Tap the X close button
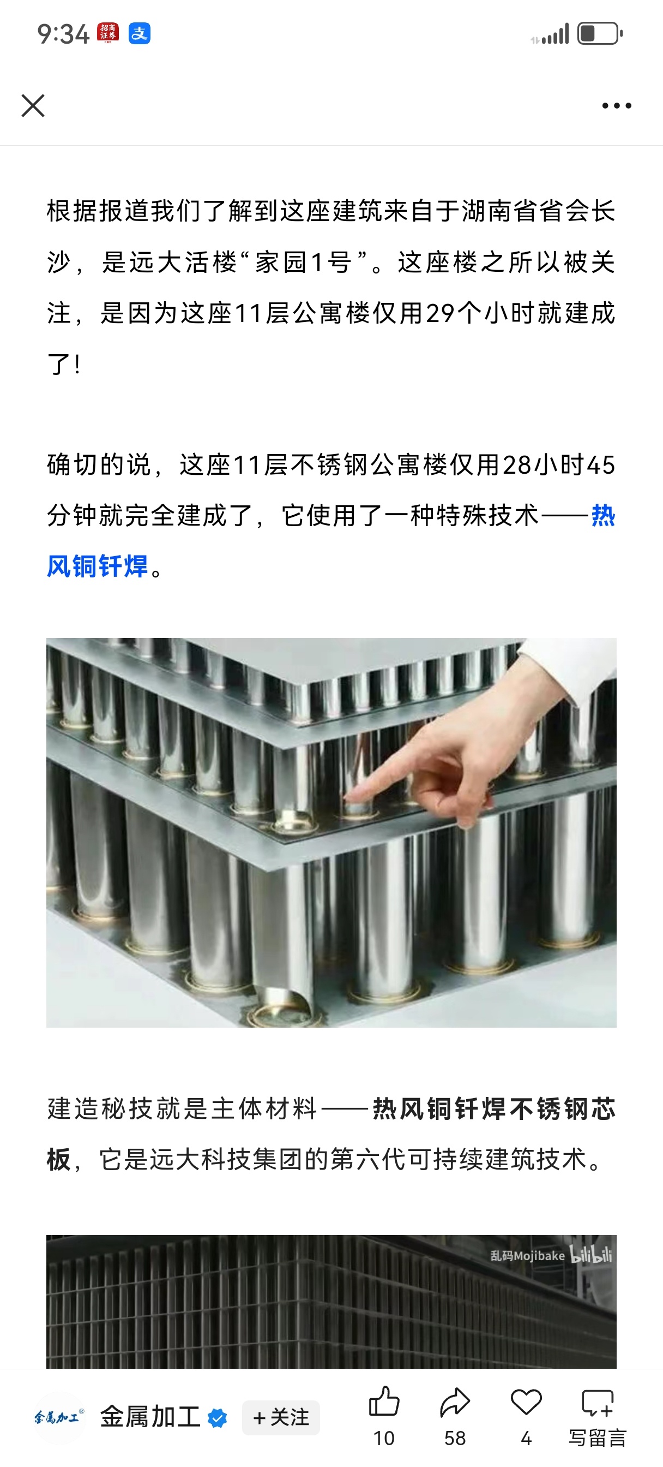(x=33, y=105)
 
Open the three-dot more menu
(x=617, y=105)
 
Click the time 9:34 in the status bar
(x=63, y=34)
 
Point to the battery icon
(x=600, y=34)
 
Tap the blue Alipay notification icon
(x=140, y=34)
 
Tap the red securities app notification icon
(x=108, y=33)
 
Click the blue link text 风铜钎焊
(x=97, y=566)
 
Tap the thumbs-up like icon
(x=384, y=1402)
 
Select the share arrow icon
(x=455, y=1402)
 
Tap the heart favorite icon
(x=526, y=1402)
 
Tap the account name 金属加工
(x=150, y=1417)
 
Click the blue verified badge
(x=218, y=1418)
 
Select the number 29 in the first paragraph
(x=440, y=313)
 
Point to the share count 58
(x=455, y=1439)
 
